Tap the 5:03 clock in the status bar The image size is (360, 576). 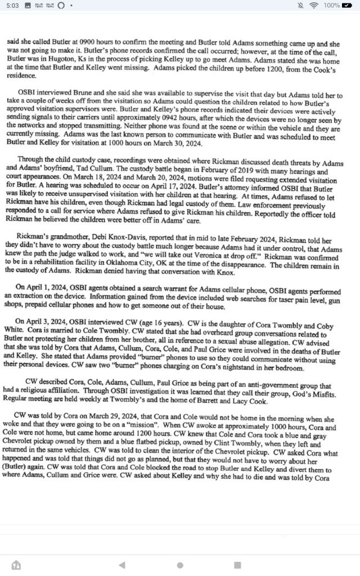(11, 6)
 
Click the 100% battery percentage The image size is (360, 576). (332, 6)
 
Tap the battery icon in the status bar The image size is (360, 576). (349, 6)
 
